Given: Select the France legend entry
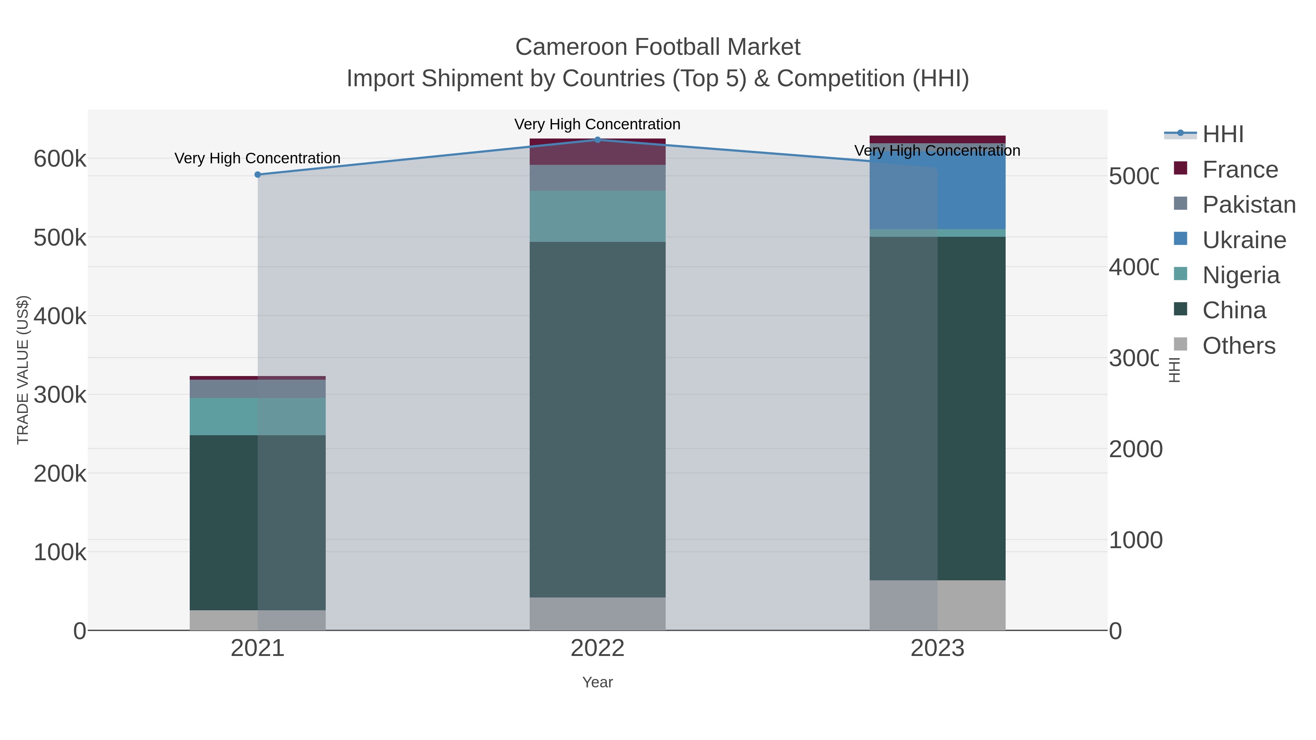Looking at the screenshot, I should click(1240, 170).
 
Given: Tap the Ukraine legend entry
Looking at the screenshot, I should click(1244, 240).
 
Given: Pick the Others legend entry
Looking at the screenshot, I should click(1239, 346).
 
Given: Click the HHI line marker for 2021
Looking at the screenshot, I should click(257, 175).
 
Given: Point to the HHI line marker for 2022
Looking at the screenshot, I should click(597, 140).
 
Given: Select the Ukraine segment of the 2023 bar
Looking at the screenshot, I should click(937, 189).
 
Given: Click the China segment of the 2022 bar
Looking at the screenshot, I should click(597, 419).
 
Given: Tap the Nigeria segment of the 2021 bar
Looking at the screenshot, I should click(257, 416).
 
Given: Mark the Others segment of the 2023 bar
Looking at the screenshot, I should click(937, 605).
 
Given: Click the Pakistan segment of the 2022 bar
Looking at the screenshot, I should click(597, 178).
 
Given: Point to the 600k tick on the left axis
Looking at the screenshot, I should click(60, 159).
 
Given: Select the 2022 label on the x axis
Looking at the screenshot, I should click(597, 649).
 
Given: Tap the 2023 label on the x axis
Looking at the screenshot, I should click(937, 649).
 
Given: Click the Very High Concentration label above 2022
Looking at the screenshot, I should click(597, 124).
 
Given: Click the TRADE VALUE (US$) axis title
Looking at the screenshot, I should click(23, 370).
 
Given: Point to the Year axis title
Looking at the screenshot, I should click(597, 682).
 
